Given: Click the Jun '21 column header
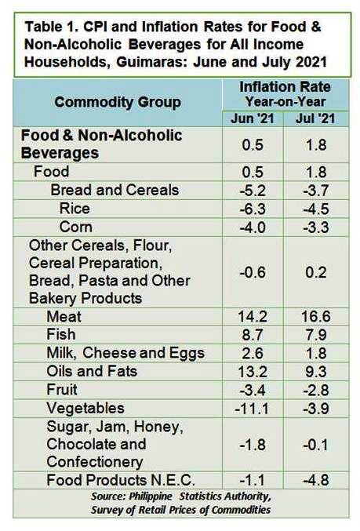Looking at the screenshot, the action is pyautogui.click(x=253, y=118).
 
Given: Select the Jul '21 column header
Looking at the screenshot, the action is pyautogui.click(x=315, y=118).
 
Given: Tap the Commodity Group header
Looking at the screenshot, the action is pyautogui.click(x=118, y=102).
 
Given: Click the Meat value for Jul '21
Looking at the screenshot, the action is pyautogui.click(x=315, y=317).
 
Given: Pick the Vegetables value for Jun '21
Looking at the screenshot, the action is pyautogui.click(x=252, y=409).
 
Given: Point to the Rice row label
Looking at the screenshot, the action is pyautogui.click(x=75, y=209).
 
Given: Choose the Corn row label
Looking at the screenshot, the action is pyautogui.click(x=75, y=227).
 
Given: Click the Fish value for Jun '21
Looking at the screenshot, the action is pyautogui.click(x=253, y=335).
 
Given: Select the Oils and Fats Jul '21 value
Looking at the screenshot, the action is pyautogui.click(x=315, y=372).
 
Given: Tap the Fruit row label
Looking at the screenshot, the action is pyautogui.click(x=62, y=390).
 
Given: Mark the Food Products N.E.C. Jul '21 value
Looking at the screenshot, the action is pyautogui.click(x=315, y=480).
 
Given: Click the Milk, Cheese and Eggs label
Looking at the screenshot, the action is pyautogui.click(x=125, y=353).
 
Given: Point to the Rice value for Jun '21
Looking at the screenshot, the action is pyautogui.click(x=253, y=209).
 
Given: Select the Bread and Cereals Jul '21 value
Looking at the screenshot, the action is pyautogui.click(x=315, y=191).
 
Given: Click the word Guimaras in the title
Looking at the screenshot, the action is pyautogui.click(x=147, y=62).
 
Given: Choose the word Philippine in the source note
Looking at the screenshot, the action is pyautogui.click(x=151, y=496).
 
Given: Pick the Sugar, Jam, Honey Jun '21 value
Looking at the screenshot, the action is pyautogui.click(x=253, y=445).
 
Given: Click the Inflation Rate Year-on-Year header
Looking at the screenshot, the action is pyautogui.click(x=285, y=94).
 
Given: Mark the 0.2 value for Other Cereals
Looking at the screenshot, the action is pyautogui.click(x=315, y=273).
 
